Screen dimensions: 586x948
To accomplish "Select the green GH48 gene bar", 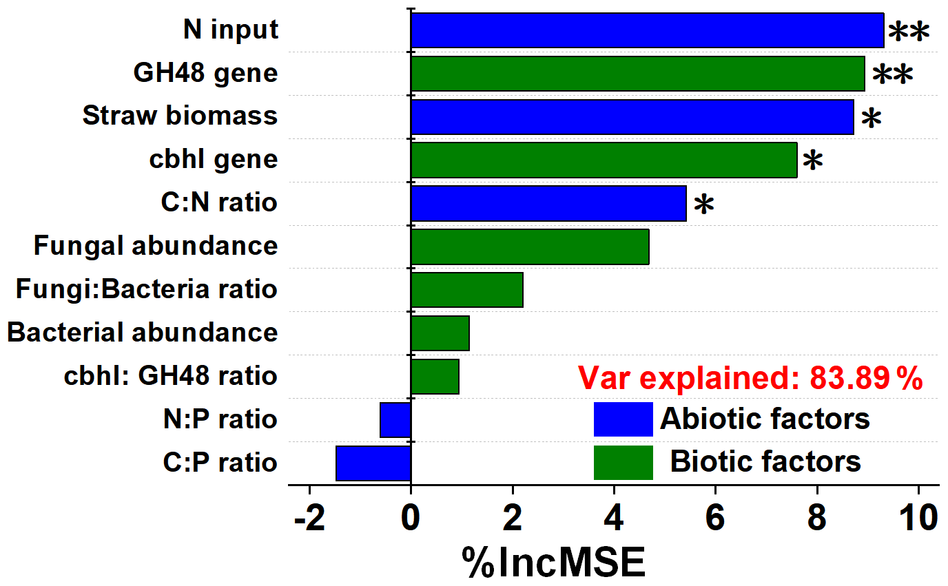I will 637,74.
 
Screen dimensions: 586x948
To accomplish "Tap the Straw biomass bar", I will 632,116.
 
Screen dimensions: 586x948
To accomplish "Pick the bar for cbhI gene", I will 604,160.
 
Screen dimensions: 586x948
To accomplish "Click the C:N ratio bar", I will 548,203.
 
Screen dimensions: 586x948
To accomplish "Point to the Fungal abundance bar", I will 530,247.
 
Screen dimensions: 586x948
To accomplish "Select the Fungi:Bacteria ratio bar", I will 466,290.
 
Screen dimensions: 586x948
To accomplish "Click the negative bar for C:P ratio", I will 373,463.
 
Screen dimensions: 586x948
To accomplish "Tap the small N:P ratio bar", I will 395,420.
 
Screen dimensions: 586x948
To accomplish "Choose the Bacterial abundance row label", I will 143,333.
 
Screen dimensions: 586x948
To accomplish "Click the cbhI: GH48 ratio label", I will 171,376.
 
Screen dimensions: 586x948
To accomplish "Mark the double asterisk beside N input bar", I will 908,32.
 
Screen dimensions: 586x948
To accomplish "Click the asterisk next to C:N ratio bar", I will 703,205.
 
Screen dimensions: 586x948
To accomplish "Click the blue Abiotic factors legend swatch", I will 623,419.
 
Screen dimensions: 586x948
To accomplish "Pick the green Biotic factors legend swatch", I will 623,462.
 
